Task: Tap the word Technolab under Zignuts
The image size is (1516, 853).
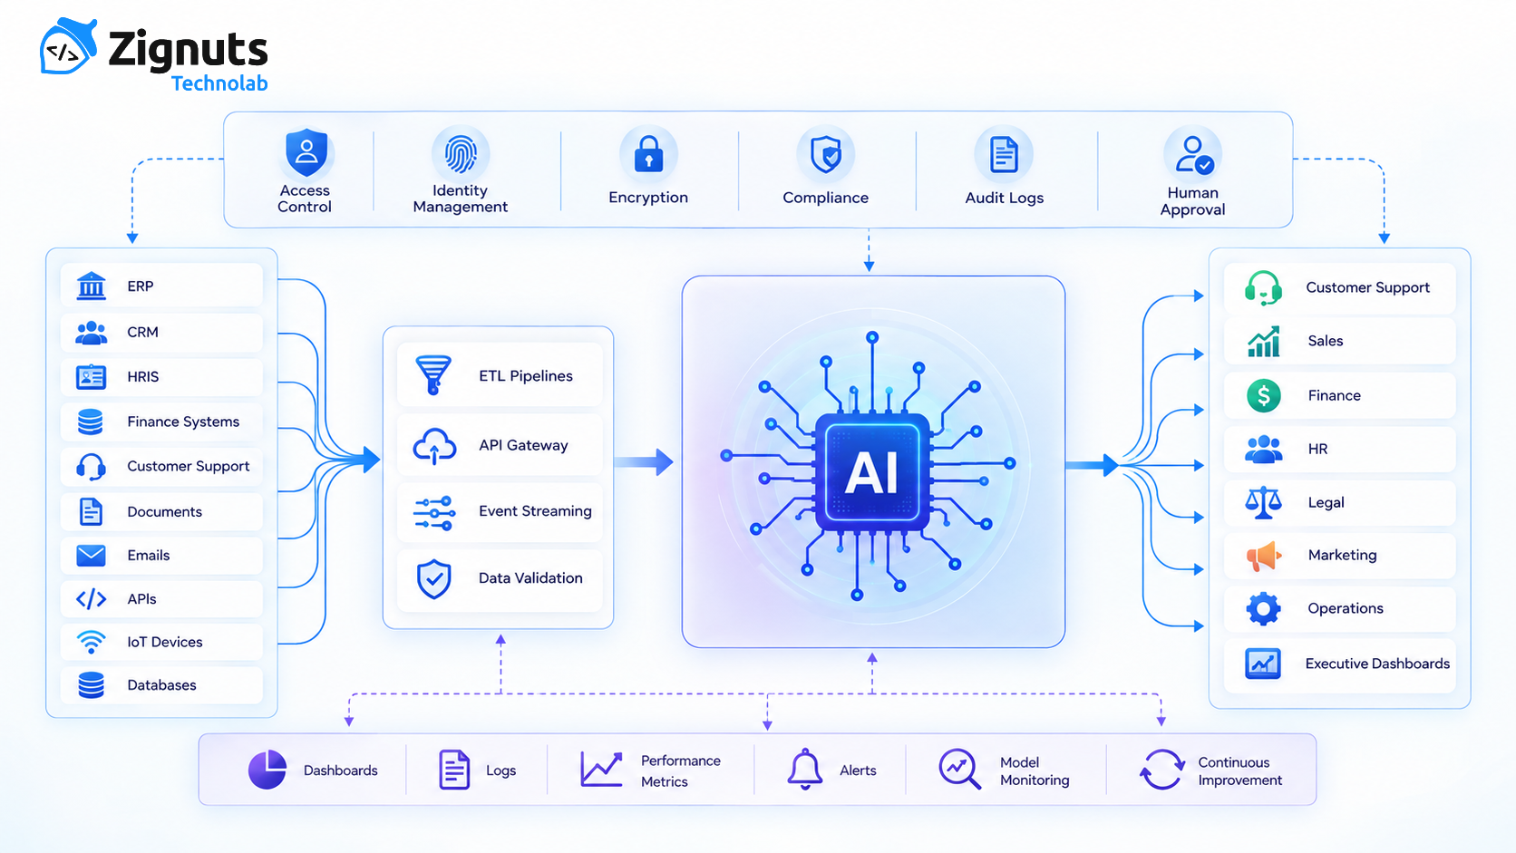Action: [x=219, y=83]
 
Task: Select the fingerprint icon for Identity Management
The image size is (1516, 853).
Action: [x=461, y=153]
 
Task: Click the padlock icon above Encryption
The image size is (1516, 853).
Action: [x=648, y=153]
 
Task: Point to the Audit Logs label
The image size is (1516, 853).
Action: [x=1005, y=198]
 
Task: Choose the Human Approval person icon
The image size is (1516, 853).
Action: [x=1194, y=155]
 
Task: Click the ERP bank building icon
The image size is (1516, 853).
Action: [x=92, y=286]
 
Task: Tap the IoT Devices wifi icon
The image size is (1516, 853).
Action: [x=91, y=641]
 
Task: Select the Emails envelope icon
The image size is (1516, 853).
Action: [x=91, y=556]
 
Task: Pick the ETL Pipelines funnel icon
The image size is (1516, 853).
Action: [x=433, y=374]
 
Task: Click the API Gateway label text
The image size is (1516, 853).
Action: [x=523, y=445]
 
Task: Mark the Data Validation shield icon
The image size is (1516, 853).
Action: [x=433, y=578]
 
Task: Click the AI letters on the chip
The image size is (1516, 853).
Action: [x=871, y=473]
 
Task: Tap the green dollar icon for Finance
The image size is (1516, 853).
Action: [x=1264, y=395]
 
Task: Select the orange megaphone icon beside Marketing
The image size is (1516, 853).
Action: [x=1264, y=556]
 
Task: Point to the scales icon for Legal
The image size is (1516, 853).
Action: [x=1263, y=502]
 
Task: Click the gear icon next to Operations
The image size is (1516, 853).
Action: [x=1263, y=609]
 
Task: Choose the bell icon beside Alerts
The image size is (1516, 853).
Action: [x=805, y=769]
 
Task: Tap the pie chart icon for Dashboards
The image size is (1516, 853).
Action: [x=267, y=769]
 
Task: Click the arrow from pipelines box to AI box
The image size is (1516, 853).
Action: [x=644, y=462]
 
